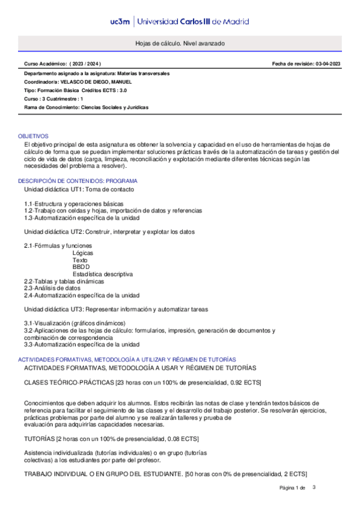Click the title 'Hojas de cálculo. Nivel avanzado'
pos(180,45)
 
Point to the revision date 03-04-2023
pos(328,63)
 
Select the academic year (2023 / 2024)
pos(86,63)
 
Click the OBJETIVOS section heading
pos(34,137)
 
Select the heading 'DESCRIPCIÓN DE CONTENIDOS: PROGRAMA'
pos(78,181)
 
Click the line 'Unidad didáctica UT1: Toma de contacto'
pos(79,189)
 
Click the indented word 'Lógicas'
pos(83,253)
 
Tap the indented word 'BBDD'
pos(81,267)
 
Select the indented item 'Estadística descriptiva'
pos(103,274)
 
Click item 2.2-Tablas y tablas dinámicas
pos(64,281)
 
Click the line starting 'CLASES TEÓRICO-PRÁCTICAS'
pos(142,382)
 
